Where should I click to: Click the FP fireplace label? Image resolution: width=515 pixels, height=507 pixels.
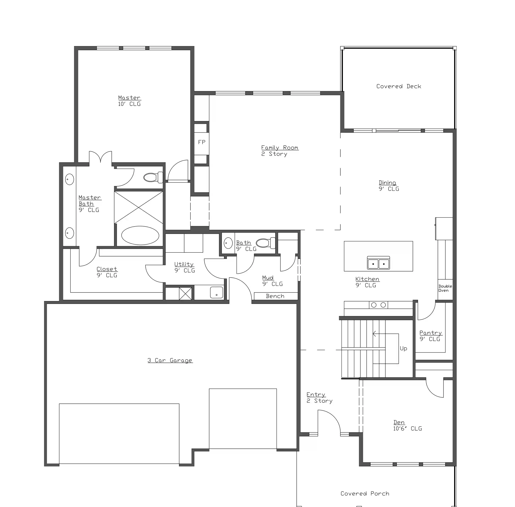point(202,142)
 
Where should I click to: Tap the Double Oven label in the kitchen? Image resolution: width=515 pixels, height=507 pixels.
point(445,288)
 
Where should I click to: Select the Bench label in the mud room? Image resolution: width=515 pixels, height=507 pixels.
point(275,296)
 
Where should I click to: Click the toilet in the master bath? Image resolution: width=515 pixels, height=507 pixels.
point(153,177)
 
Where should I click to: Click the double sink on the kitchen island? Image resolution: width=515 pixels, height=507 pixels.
point(378,263)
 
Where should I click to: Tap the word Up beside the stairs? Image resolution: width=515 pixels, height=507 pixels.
point(403,348)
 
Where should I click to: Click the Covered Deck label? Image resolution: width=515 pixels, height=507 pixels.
point(399,86)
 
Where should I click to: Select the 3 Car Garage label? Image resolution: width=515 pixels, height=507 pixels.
point(170,360)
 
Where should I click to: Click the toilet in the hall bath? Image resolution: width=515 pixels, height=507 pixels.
point(266,243)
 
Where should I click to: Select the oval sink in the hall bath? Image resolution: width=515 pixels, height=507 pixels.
point(228,243)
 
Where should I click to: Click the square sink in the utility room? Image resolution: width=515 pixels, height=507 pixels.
point(216,292)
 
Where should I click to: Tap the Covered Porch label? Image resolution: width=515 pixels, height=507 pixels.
point(365,493)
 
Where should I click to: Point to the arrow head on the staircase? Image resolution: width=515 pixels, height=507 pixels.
point(374,334)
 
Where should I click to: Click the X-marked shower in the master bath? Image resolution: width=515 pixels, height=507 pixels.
point(138,207)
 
